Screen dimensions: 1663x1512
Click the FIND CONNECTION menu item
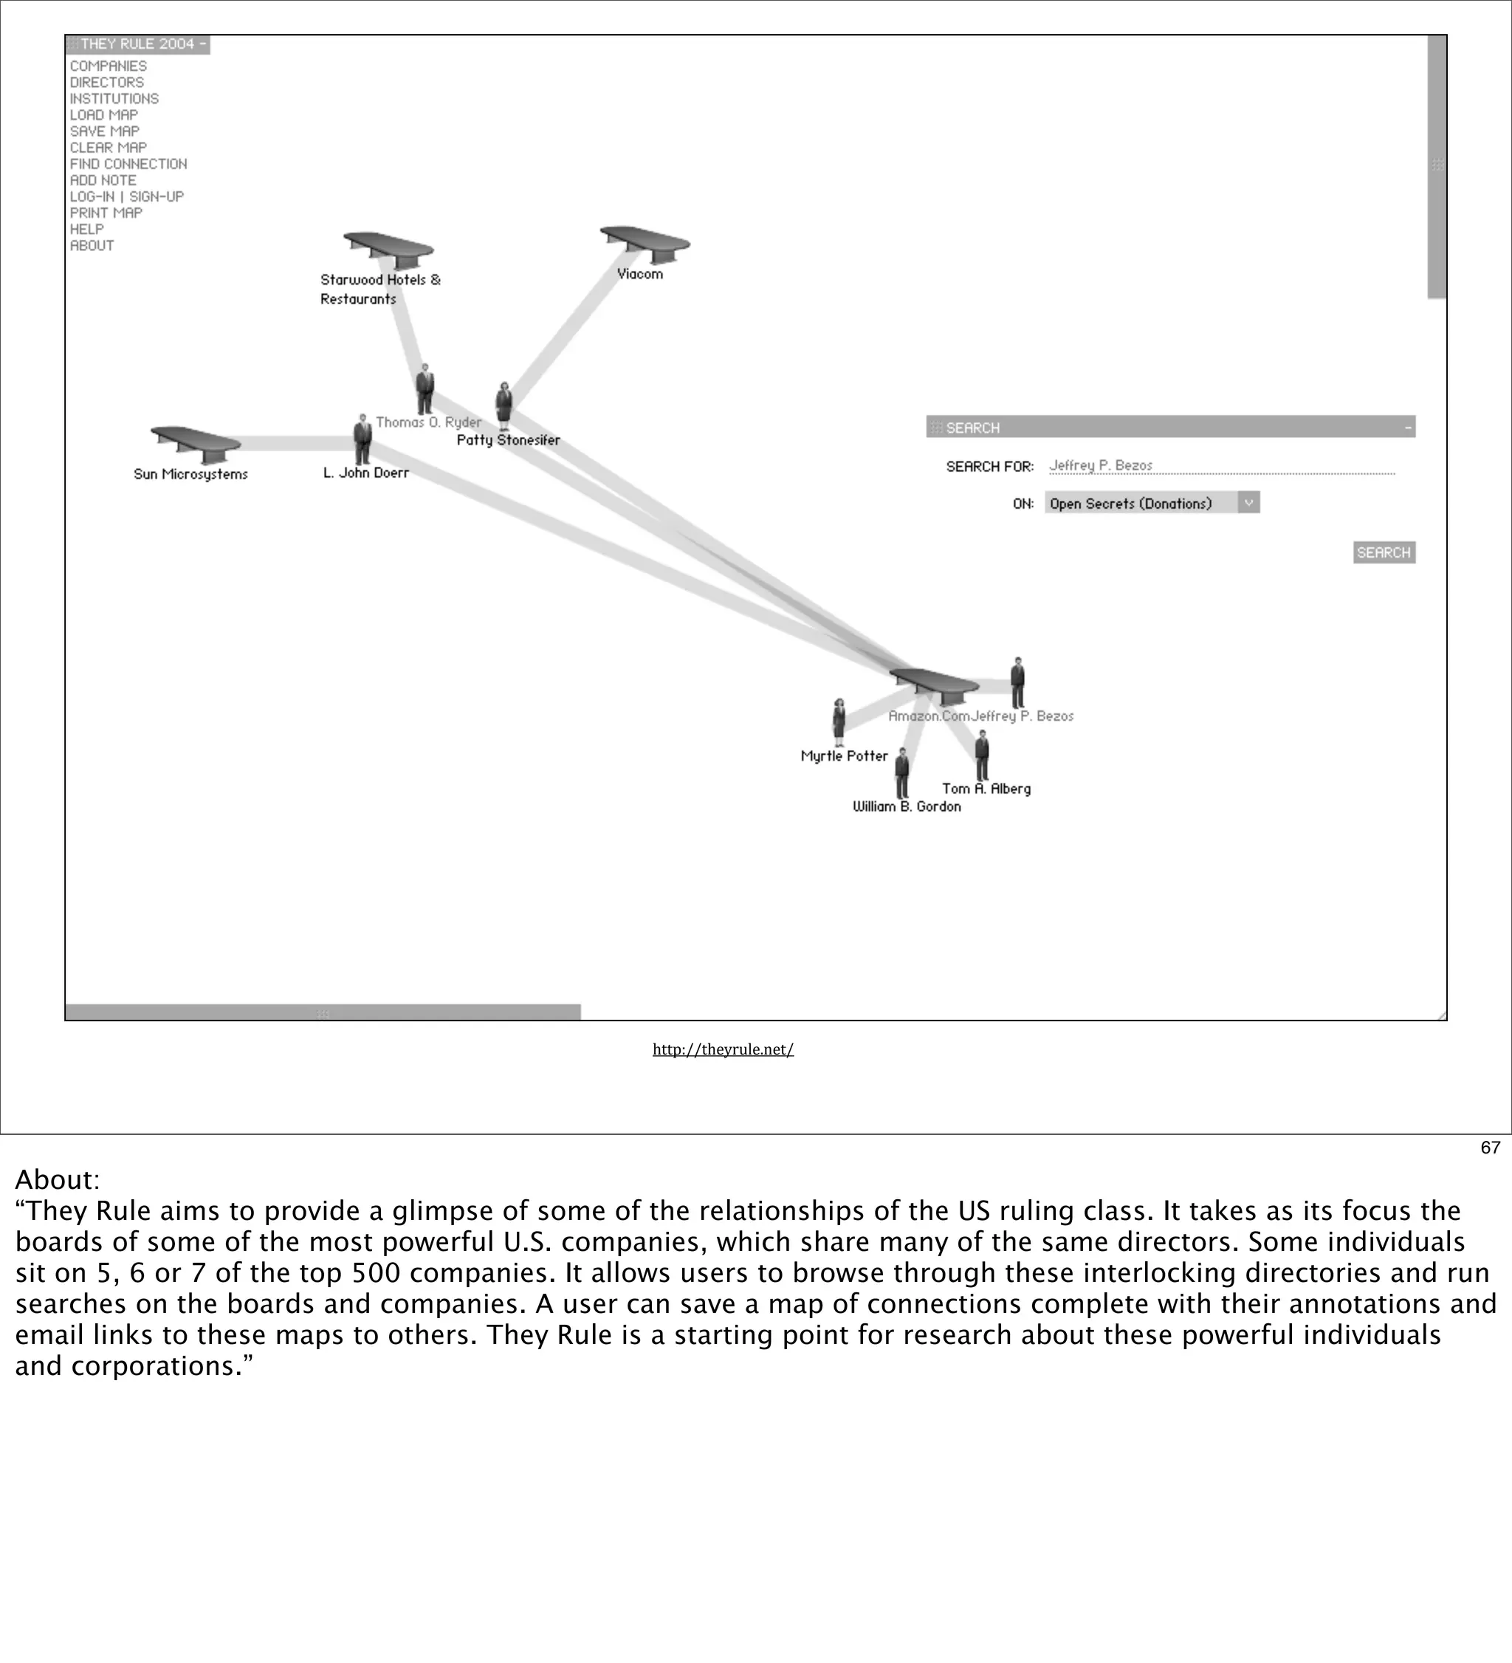click(128, 164)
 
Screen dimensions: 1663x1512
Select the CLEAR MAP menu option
click(108, 148)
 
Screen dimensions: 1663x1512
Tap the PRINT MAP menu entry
click(106, 213)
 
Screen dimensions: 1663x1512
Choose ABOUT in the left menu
click(92, 246)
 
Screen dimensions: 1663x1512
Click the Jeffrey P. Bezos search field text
click(1100, 465)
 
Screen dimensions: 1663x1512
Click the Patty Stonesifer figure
click(504, 405)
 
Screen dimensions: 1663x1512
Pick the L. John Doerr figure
click(362, 439)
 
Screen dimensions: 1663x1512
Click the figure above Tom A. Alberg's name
click(982, 755)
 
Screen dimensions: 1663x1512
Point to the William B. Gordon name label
click(907, 806)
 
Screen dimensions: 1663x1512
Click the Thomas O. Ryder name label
click(428, 422)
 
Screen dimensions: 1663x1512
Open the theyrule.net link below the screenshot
click(723, 1049)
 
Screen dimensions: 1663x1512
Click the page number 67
click(1490, 1148)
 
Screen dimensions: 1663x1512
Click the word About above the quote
click(57, 1179)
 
